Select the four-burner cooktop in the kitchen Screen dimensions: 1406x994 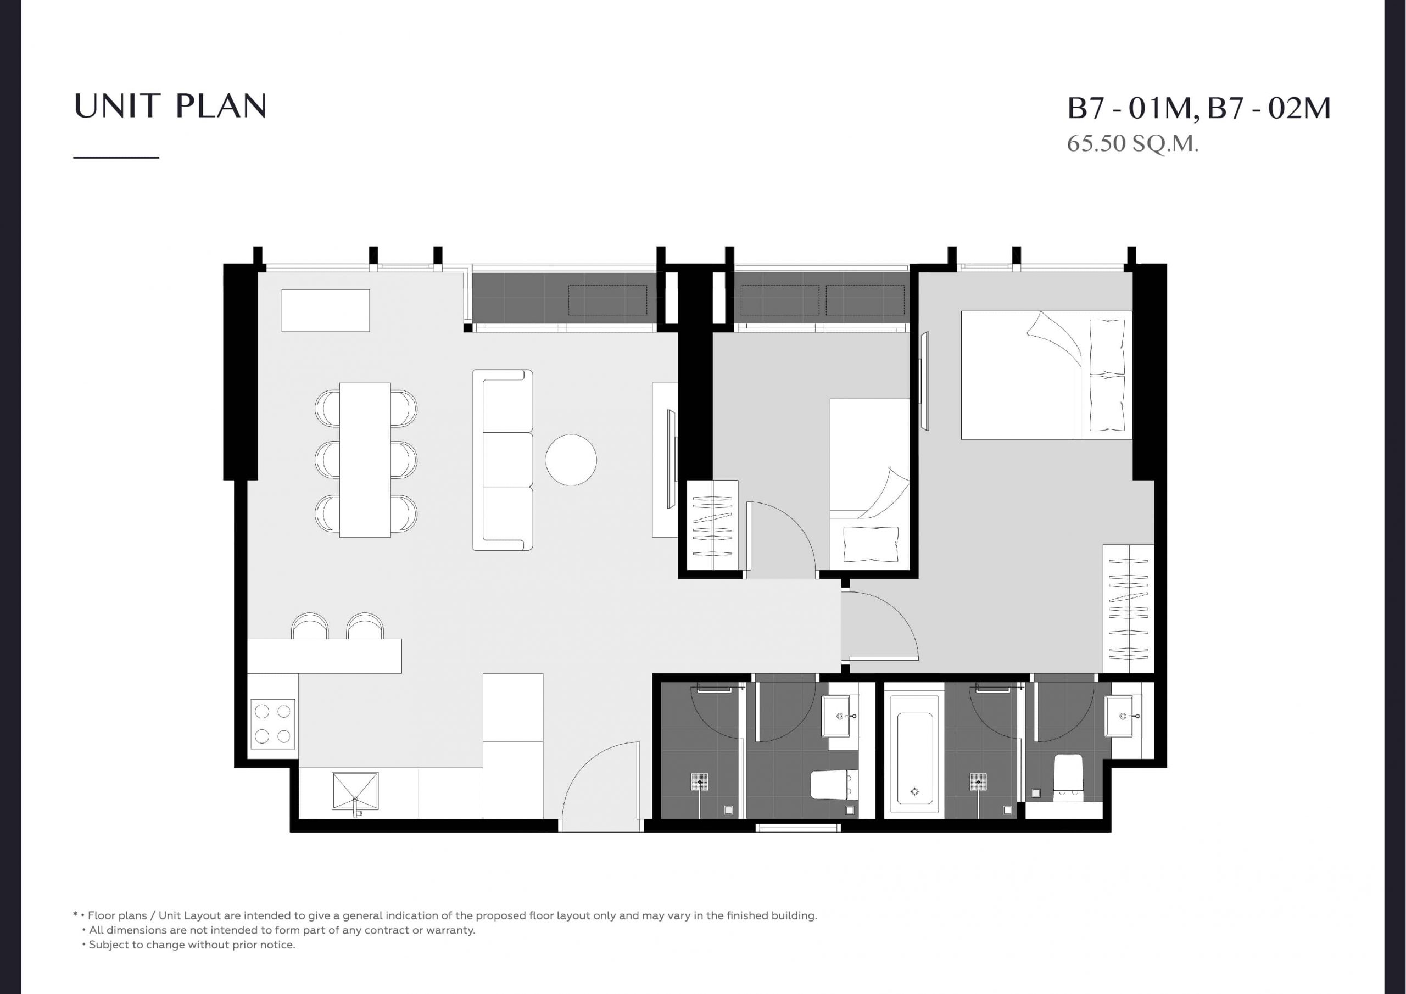click(272, 724)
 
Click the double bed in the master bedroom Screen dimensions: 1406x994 click(1046, 375)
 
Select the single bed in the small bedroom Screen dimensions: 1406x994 click(869, 484)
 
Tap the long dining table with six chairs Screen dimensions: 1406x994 click(366, 460)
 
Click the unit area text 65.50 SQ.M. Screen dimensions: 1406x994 click(1132, 143)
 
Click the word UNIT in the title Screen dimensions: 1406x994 click(119, 106)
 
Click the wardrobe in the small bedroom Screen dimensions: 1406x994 click(712, 526)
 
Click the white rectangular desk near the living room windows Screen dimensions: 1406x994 click(325, 310)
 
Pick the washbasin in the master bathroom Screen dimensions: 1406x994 click(1123, 716)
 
